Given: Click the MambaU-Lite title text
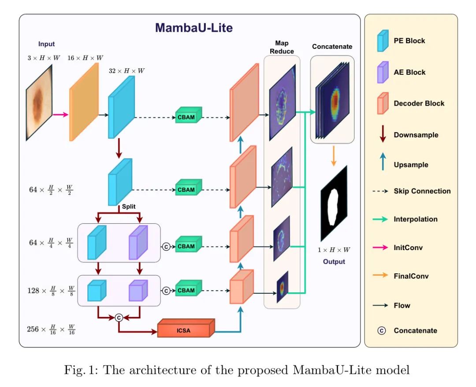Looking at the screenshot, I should (194, 28).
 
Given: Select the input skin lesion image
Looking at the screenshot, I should (39, 103).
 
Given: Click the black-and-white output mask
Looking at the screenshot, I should (334, 203).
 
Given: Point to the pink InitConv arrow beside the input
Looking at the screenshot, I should (60, 115).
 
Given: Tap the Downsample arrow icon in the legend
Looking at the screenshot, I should (383, 134).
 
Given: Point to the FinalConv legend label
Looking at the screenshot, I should (411, 276).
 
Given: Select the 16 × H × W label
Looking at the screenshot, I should (86, 58).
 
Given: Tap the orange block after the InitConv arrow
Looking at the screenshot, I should (84, 102).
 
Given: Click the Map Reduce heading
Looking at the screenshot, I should (282, 47).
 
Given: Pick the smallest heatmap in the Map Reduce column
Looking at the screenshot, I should (282, 287).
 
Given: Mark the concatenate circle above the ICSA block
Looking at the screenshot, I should (118, 317).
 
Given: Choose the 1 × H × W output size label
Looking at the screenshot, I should (334, 250).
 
